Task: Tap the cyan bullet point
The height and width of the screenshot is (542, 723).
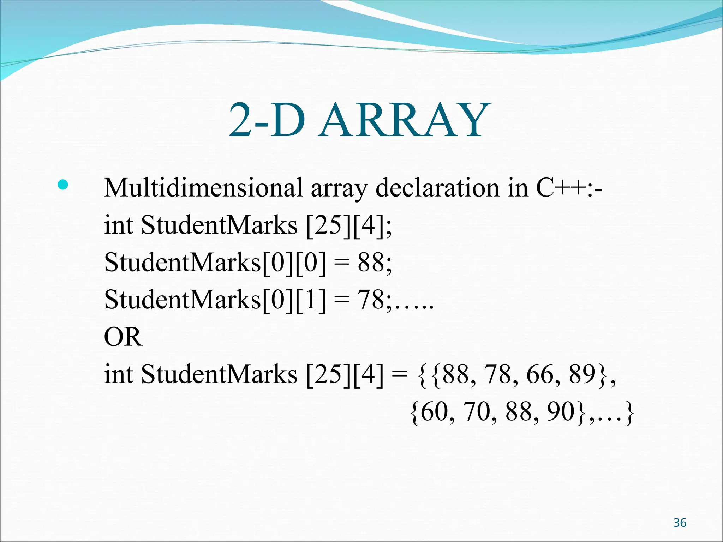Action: coord(63,185)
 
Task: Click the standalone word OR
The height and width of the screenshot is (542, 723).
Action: coord(123,337)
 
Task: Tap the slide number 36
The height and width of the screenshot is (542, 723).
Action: coord(680,523)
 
